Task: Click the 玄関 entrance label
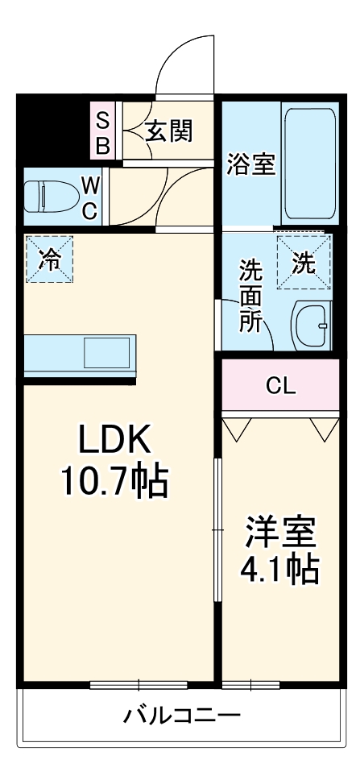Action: click(x=170, y=131)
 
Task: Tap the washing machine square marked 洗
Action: click(x=304, y=260)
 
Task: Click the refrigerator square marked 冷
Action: click(x=49, y=259)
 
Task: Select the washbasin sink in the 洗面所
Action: click(x=311, y=326)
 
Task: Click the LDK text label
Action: click(x=114, y=440)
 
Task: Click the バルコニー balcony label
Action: click(x=181, y=715)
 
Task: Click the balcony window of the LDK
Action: click(x=139, y=685)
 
